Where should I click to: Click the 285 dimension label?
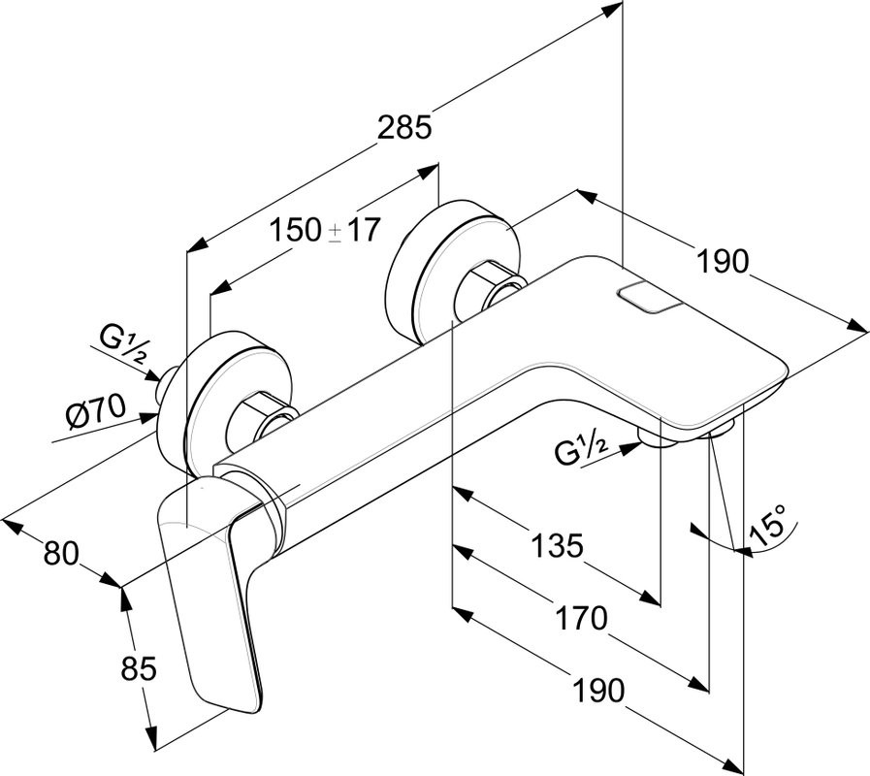pyautogui.click(x=404, y=127)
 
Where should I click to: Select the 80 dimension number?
pyautogui.click(x=59, y=555)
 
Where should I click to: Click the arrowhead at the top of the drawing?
pyautogui.click(x=611, y=11)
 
